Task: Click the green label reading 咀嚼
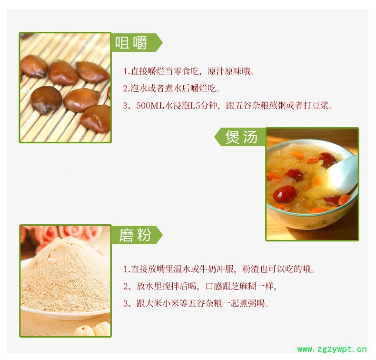pyautogui.click(x=137, y=43)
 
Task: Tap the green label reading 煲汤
pyautogui.click(x=240, y=137)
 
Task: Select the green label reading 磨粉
pyautogui.click(x=137, y=235)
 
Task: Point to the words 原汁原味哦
pyautogui.click(x=231, y=71)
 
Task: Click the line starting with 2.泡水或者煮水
pyautogui.click(x=171, y=89)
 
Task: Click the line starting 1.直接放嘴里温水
pyautogui.click(x=218, y=269)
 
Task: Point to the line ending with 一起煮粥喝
pyautogui.click(x=196, y=304)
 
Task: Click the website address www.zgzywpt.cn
pyautogui.click(x=332, y=349)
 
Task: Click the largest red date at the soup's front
pyautogui.click(x=285, y=194)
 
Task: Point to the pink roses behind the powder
pyautogui.click(x=65, y=234)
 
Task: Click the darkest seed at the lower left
pyautogui.click(x=46, y=99)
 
